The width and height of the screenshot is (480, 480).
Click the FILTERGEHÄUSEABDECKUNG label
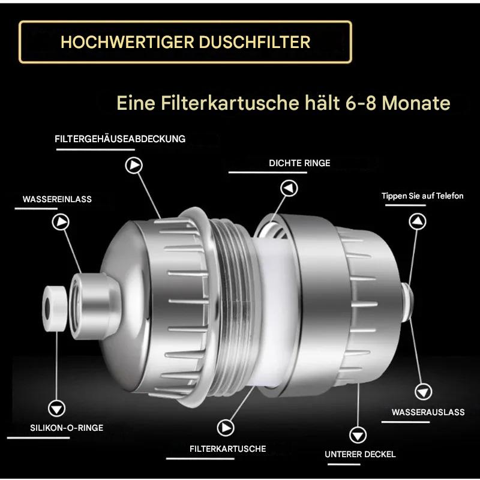pos(120,139)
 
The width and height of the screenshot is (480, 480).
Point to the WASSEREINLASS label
pos(57,199)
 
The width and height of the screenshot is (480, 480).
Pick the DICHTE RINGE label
pos(299,163)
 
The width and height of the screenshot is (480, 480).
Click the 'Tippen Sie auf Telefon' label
pos(422,196)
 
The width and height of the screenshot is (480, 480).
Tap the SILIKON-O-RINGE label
pos(67,428)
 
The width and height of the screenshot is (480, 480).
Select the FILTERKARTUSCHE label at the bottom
pos(227,449)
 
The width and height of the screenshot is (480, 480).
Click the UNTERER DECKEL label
pos(360,454)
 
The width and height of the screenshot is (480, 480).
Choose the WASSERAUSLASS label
pos(428,412)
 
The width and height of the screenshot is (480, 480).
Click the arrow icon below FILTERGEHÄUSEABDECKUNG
pos(133,165)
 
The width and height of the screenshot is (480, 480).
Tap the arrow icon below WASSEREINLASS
pos(60,222)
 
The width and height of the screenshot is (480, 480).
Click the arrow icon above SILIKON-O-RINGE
pos(57,407)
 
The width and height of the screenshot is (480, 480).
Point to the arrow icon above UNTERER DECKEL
pos(357,434)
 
